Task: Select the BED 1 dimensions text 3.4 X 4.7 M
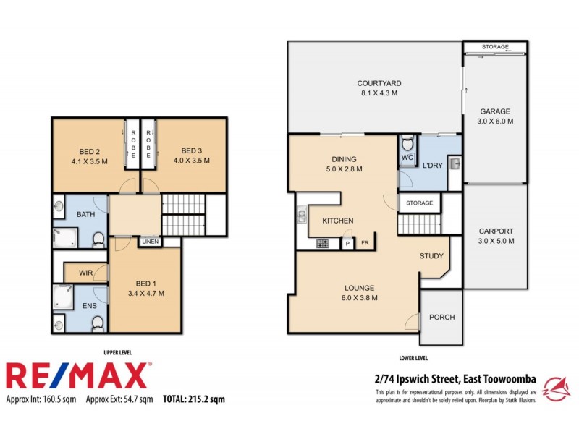[145, 294]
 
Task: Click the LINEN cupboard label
[151, 242]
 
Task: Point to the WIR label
[85, 273]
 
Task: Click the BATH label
[85, 215]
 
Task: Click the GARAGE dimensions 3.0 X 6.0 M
[496, 122]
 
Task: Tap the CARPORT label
[496, 231]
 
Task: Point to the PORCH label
[441, 317]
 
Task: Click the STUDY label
[431, 256]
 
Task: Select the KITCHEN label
[337, 221]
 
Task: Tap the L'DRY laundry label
[432, 166]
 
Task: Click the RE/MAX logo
[78, 375]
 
